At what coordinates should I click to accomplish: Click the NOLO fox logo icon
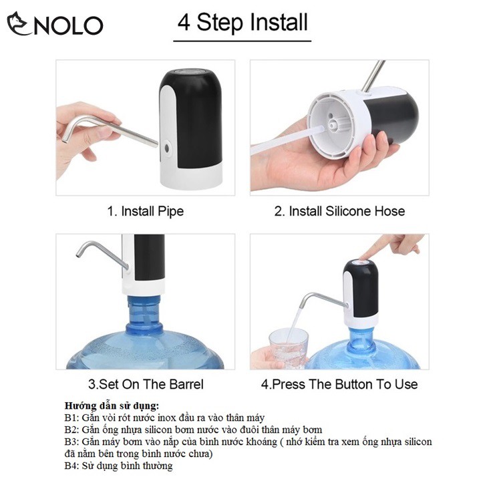[19, 23]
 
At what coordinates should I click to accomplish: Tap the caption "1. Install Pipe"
[146, 211]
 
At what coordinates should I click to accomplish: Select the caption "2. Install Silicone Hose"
[339, 211]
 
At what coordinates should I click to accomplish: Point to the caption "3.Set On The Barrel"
[146, 384]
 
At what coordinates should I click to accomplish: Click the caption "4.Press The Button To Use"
[339, 384]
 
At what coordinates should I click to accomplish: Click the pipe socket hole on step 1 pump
[167, 148]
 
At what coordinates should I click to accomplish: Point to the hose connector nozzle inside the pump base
[333, 125]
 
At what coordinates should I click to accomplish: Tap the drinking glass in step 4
[289, 348]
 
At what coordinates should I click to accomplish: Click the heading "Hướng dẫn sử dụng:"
[112, 406]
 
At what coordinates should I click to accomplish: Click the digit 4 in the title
[184, 23]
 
